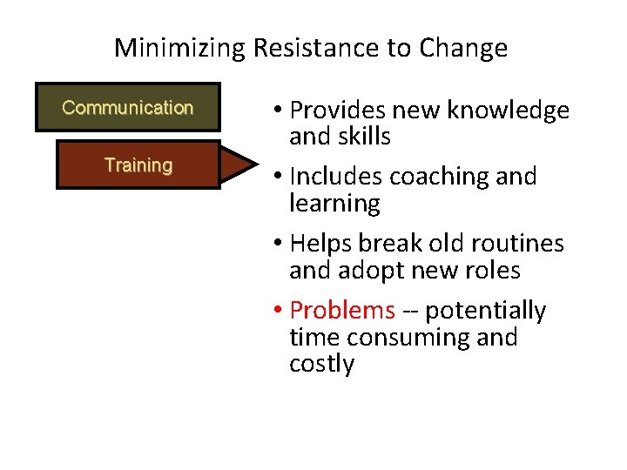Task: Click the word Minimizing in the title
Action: pos(180,48)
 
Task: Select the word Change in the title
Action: pos(462,48)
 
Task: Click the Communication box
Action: pos(127,108)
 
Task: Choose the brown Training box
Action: pos(138,165)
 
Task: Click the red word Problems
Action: pos(342,310)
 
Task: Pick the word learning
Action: pos(334,205)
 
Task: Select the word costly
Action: pos(321,364)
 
